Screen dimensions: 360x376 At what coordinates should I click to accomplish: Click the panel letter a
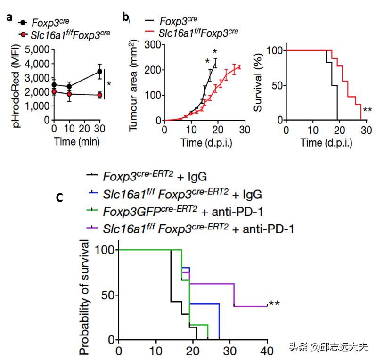pos(9,18)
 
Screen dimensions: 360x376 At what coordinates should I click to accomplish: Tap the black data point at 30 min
pos(99,72)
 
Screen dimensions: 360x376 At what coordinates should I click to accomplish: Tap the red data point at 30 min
pos(99,95)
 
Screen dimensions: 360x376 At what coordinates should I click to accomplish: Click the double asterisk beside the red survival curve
pos(368,111)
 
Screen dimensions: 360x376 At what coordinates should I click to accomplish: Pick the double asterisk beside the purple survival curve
pos(274,303)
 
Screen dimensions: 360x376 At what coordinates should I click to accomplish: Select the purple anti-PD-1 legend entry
pos(193,229)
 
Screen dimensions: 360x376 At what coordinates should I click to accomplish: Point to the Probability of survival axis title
pos(85,297)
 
